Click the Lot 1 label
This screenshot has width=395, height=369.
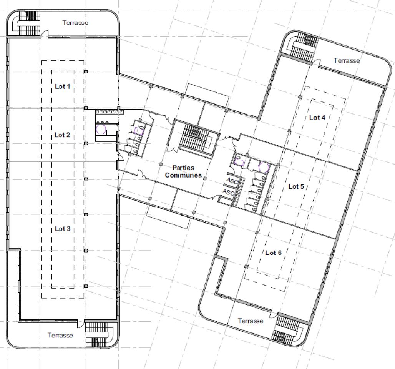(x=62, y=86)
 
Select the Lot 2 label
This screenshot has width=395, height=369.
(x=62, y=135)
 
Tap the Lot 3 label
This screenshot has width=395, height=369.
(x=62, y=229)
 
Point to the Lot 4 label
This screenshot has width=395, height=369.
(x=317, y=118)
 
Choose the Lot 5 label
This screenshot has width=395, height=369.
(x=296, y=187)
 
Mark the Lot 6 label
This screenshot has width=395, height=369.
(x=273, y=253)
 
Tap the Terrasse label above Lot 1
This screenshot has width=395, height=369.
(x=75, y=23)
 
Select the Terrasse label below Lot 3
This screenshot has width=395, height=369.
(x=60, y=335)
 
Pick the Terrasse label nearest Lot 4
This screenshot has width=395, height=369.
(x=347, y=60)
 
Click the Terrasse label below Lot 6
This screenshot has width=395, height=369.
(x=251, y=321)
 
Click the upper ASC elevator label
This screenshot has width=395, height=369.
(x=231, y=180)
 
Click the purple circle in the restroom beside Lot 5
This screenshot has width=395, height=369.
(x=264, y=167)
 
